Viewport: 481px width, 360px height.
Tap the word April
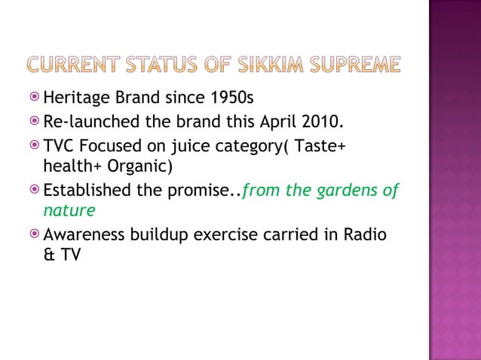pyautogui.click(x=285, y=121)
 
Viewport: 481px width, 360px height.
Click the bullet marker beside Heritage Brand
pyautogui.click(x=35, y=97)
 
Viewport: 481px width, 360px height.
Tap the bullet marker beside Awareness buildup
pyautogui.click(x=35, y=235)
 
